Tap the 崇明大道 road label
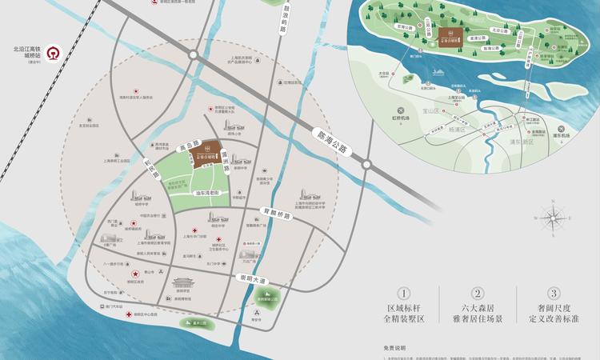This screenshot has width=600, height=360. click(244, 278)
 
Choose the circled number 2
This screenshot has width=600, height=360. click(478, 294)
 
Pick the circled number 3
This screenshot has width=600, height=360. click(554, 294)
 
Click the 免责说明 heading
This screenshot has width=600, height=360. click(394, 348)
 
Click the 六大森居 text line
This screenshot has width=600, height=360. click(478, 308)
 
